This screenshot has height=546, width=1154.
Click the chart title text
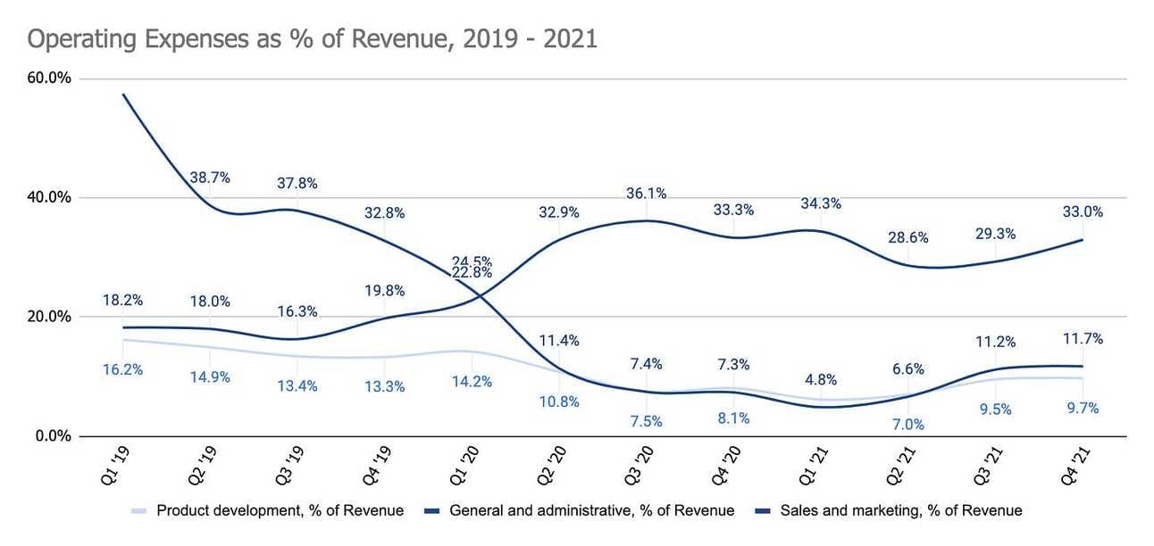(312, 40)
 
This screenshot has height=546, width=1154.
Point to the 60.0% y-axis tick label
(50, 79)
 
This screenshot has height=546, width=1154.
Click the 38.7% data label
(210, 178)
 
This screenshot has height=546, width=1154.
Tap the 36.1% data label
(647, 194)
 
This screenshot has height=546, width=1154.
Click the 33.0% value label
(1083, 212)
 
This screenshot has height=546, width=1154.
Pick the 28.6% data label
(908, 238)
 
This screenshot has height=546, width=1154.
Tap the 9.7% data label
(1083, 408)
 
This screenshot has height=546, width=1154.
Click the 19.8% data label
(385, 290)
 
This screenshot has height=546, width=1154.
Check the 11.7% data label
(1083, 338)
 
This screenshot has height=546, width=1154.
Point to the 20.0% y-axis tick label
(50, 317)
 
